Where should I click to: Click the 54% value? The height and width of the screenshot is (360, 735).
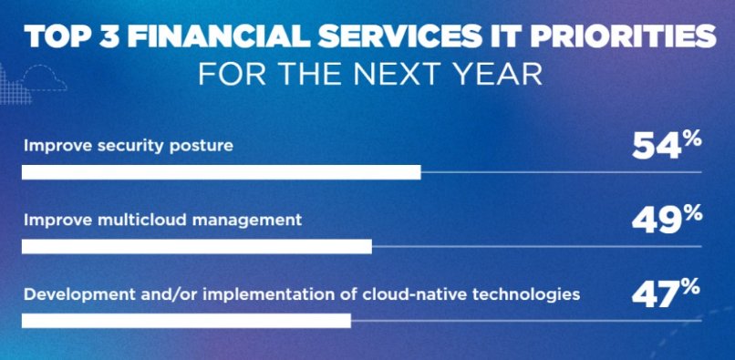tap(667, 146)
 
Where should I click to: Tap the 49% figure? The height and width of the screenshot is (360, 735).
tap(667, 220)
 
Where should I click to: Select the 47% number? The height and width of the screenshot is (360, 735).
tap(666, 293)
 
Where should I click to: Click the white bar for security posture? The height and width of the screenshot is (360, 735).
tap(222, 172)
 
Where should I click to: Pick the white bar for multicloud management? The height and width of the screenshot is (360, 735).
tap(197, 247)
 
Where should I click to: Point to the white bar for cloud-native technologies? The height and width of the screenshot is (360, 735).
tap(186, 321)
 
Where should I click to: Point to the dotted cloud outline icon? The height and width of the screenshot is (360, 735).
tap(43, 77)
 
